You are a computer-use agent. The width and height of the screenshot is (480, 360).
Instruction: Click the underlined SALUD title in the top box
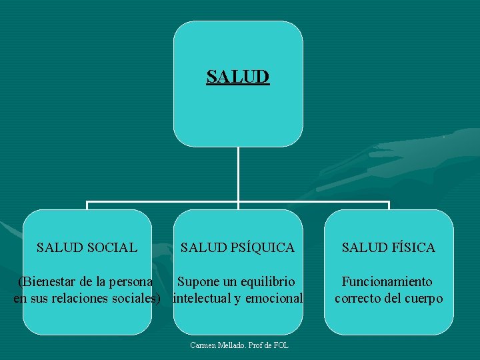[x=238, y=77]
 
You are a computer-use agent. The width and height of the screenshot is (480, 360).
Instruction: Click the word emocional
[x=273, y=298]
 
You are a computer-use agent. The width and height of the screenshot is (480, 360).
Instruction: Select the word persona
[x=130, y=282]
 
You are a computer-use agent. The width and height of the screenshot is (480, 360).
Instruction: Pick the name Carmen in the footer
[x=202, y=345]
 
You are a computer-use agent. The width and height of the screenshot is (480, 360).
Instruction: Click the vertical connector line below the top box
[x=238, y=173]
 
